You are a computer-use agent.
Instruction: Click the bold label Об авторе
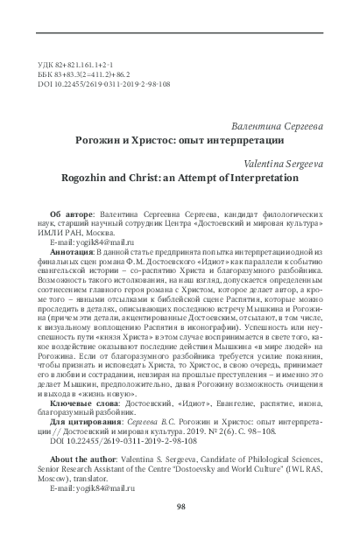(93, 214)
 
